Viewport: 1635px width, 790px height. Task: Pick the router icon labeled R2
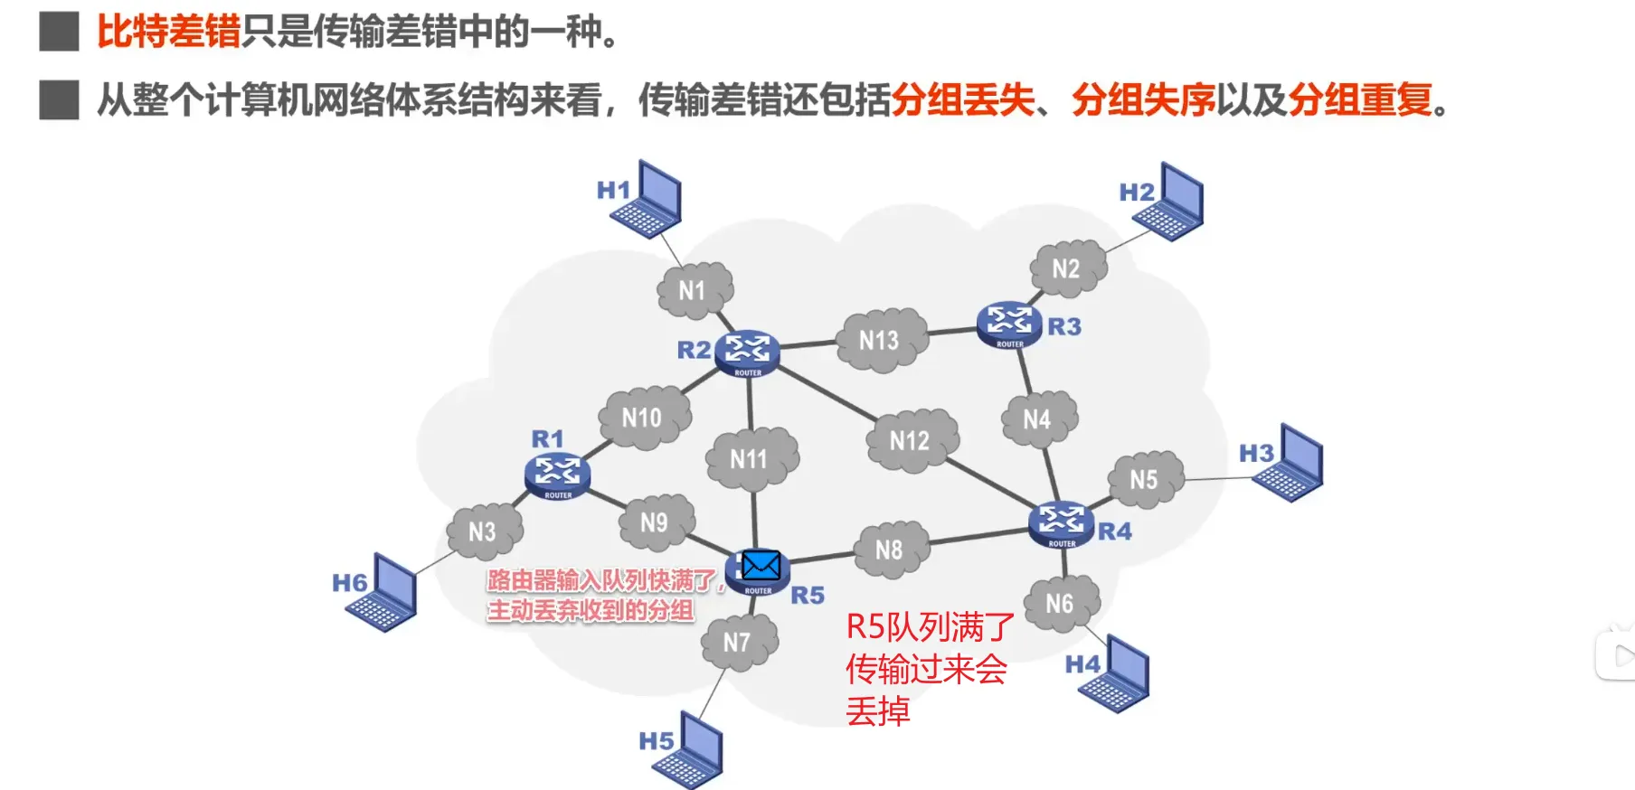click(747, 352)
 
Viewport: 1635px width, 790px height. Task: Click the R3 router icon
click(1009, 324)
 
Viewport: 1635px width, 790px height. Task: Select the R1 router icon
click(557, 475)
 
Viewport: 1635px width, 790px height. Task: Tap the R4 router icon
click(1062, 523)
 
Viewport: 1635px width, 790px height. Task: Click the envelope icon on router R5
click(761, 566)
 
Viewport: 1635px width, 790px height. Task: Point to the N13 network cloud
click(880, 340)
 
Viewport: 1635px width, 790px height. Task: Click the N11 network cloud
click(750, 459)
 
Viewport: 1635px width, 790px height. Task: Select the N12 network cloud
click(910, 440)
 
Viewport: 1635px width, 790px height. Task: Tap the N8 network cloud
click(890, 550)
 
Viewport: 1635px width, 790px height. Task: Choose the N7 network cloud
click(738, 642)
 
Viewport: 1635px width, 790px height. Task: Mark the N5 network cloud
click(1144, 479)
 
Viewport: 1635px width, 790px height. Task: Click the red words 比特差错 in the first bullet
click(168, 32)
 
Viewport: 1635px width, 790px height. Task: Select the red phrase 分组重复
click(1360, 99)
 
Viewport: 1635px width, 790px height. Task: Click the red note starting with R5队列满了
click(929, 669)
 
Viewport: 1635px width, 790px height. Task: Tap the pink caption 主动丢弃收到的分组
click(591, 610)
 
